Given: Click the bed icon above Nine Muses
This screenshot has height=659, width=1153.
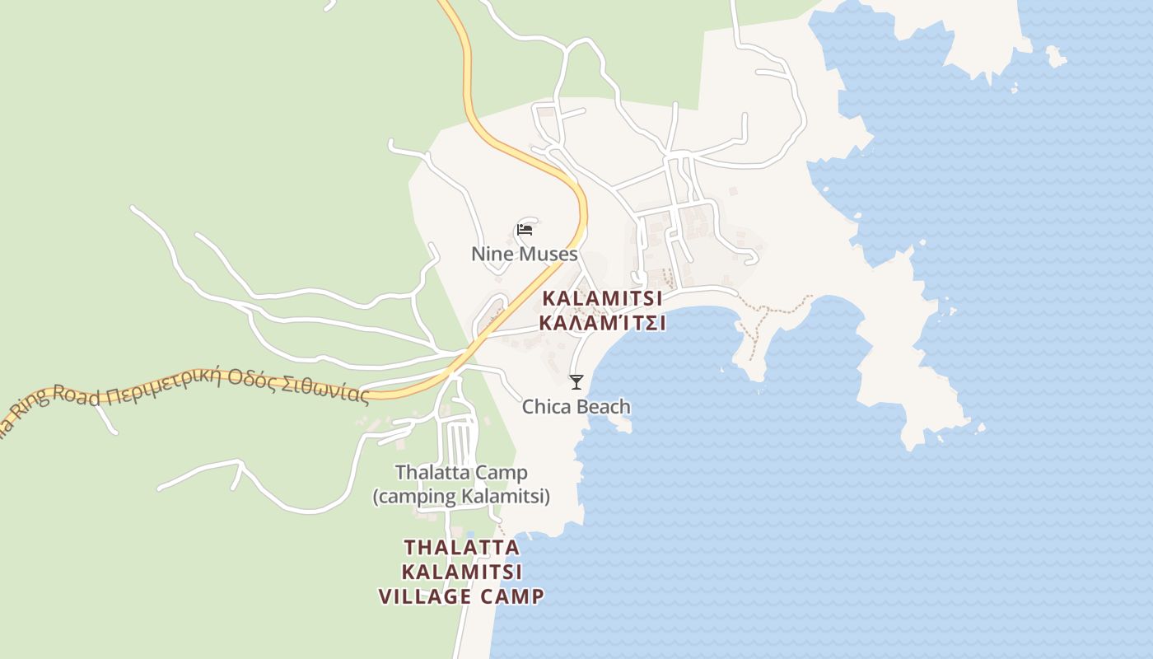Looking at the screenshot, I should click(x=524, y=230).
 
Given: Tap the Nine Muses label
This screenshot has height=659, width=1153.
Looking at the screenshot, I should click(x=524, y=254).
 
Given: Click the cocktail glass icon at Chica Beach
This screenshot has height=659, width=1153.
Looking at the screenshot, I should click(x=576, y=381).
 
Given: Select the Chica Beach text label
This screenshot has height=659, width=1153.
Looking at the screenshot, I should click(x=576, y=407).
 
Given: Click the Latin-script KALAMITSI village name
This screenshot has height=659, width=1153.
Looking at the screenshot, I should click(x=602, y=298).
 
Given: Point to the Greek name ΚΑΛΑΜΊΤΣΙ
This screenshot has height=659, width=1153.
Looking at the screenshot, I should click(x=602, y=323).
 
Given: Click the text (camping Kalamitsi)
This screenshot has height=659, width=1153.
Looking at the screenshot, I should click(x=461, y=497).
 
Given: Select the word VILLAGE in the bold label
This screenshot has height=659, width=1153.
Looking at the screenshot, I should click(x=428, y=596).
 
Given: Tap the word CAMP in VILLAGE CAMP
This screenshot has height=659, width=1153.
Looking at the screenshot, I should click(x=514, y=596).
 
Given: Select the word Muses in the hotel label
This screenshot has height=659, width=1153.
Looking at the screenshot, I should click(x=548, y=254).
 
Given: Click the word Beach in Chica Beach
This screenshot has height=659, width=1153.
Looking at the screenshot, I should click(x=602, y=407).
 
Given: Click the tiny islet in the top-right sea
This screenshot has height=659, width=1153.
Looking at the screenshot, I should click(x=1055, y=57).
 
